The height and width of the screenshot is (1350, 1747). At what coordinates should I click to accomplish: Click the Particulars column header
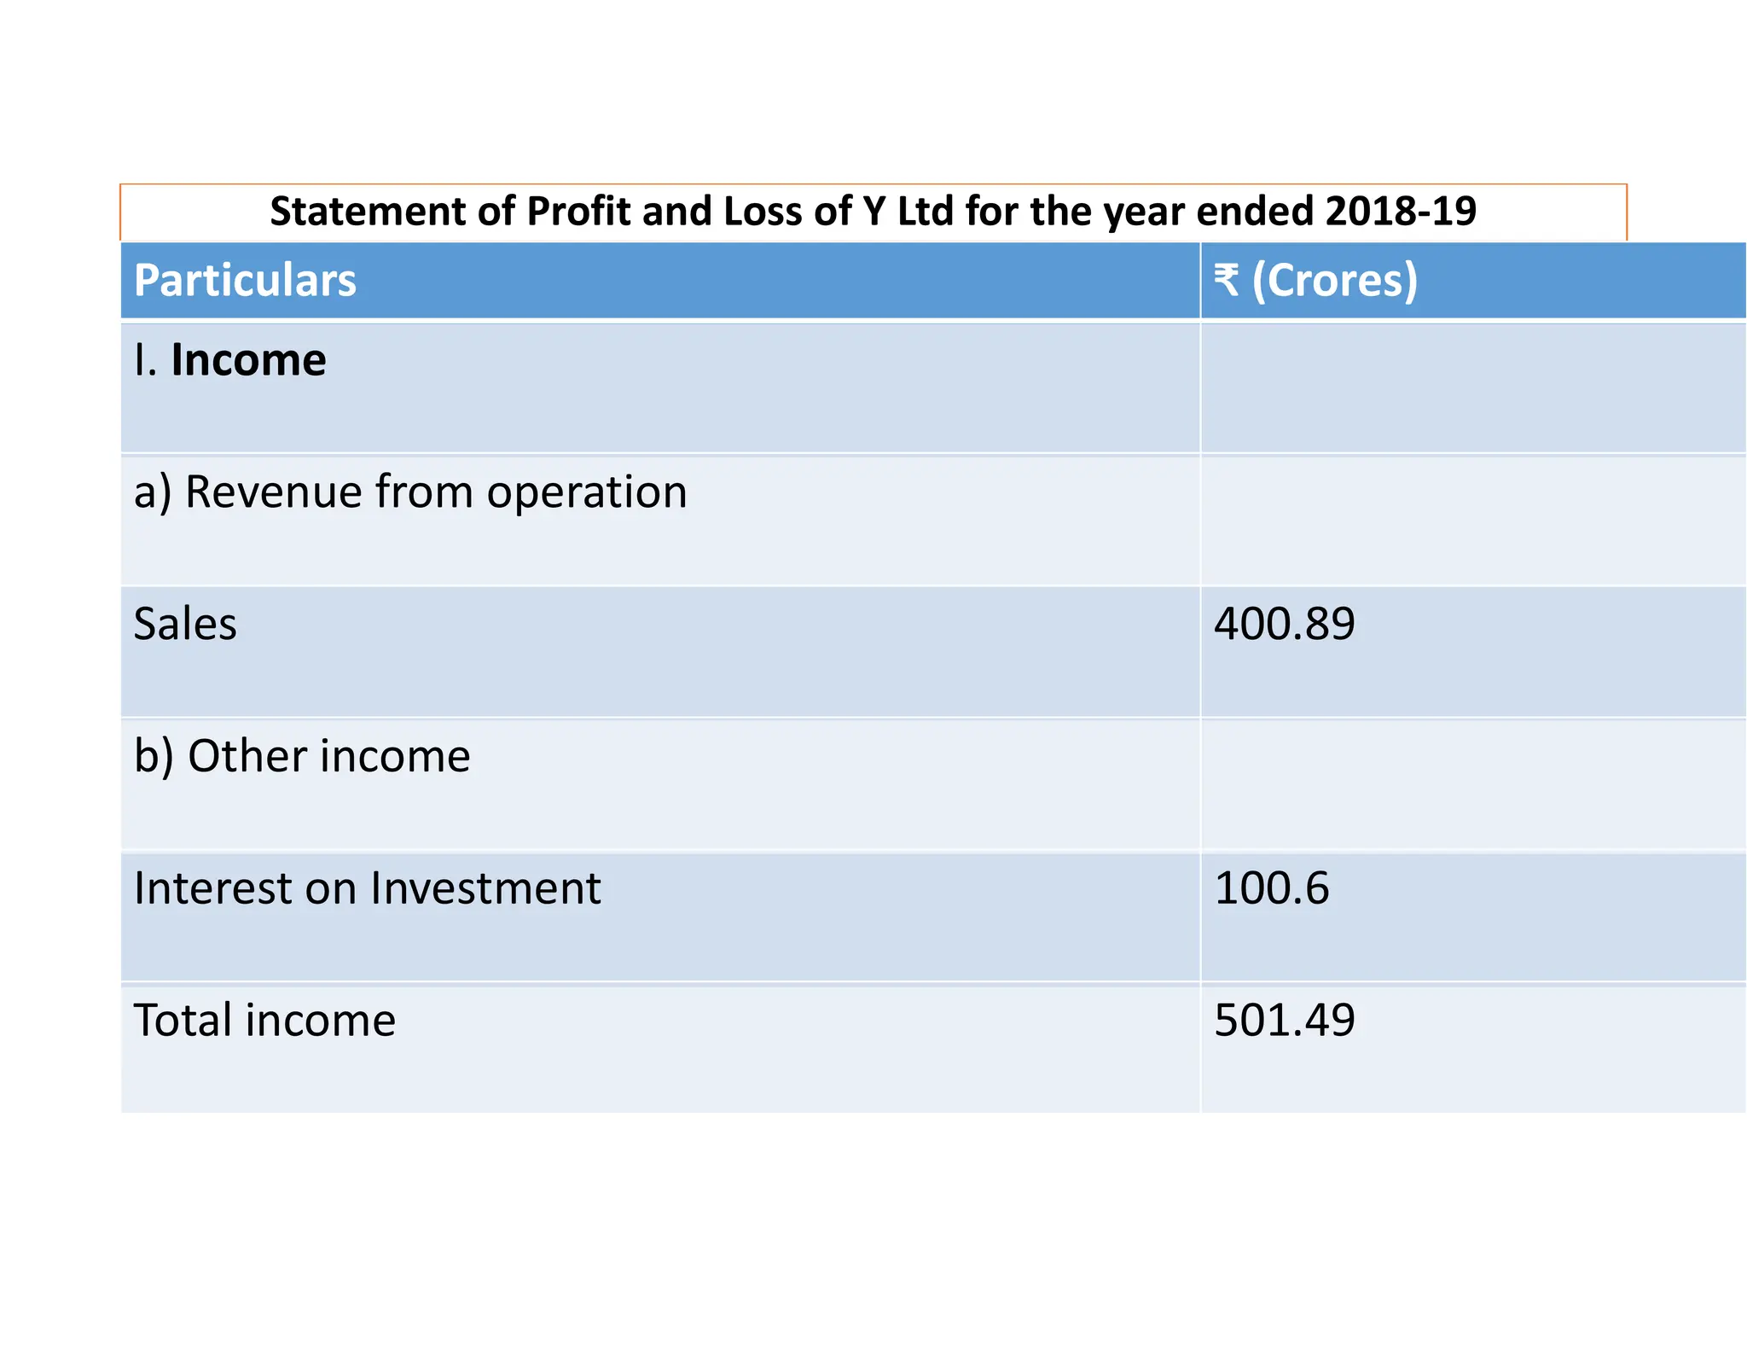click(x=245, y=281)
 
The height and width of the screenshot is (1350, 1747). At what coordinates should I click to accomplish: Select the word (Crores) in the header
click(x=1334, y=281)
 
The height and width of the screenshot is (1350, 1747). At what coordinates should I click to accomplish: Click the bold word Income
click(x=248, y=360)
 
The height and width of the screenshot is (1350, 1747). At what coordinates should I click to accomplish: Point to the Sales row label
click(x=185, y=624)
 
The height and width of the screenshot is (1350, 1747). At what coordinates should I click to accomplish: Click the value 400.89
click(x=1284, y=624)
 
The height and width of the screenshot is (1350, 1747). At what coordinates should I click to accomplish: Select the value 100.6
click(x=1271, y=888)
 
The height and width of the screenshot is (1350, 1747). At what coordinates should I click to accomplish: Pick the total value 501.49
click(x=1284, y=1021)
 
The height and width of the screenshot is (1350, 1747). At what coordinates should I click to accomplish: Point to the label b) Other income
click(x=302, y=757)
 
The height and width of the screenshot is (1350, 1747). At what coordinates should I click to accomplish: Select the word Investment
click(x=485, y=888)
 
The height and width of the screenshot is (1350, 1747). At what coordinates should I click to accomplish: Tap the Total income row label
click(x=264, y=1021)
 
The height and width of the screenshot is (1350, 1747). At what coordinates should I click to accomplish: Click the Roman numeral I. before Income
click(x=145, y=360)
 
